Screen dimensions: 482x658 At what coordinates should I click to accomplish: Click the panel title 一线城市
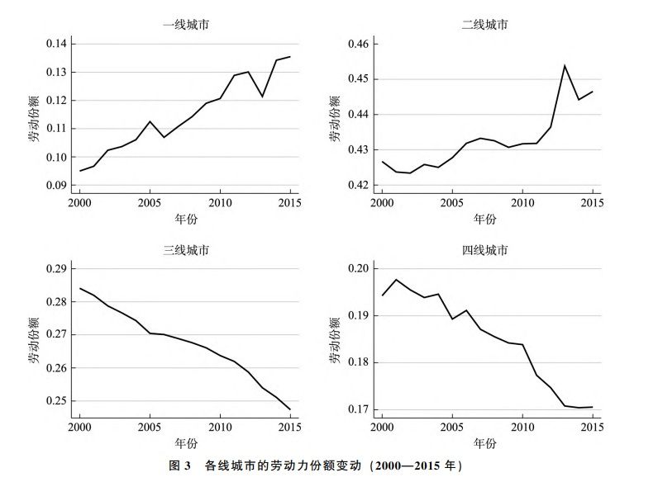(184, 25)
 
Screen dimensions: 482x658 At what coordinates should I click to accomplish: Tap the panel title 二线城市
(485, 25)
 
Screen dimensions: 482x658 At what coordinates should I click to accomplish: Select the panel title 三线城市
(184, 250)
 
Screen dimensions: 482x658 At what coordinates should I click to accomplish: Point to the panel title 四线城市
(485, 250)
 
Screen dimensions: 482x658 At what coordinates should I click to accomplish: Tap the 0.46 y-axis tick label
(360, 44)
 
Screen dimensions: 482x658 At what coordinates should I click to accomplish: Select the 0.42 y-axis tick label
(360, 185)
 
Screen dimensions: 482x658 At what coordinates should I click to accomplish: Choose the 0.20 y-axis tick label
(360, 269)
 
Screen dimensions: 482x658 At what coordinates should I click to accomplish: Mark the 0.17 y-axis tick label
(360, 409)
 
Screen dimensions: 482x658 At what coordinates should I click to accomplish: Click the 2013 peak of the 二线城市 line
(565, 65)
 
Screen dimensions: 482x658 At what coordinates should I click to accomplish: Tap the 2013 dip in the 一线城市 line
(262, 97)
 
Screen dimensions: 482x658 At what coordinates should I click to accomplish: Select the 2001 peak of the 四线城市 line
(396, 280)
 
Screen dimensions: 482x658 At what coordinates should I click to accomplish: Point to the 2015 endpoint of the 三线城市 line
(290, 409)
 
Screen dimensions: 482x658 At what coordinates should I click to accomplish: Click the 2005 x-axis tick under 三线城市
(150, 427)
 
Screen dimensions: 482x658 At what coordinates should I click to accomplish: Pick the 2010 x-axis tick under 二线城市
(522, 202)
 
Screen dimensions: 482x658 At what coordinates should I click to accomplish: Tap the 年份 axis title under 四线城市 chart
(485, 443)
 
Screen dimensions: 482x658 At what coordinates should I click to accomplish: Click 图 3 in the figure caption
(181, 466)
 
